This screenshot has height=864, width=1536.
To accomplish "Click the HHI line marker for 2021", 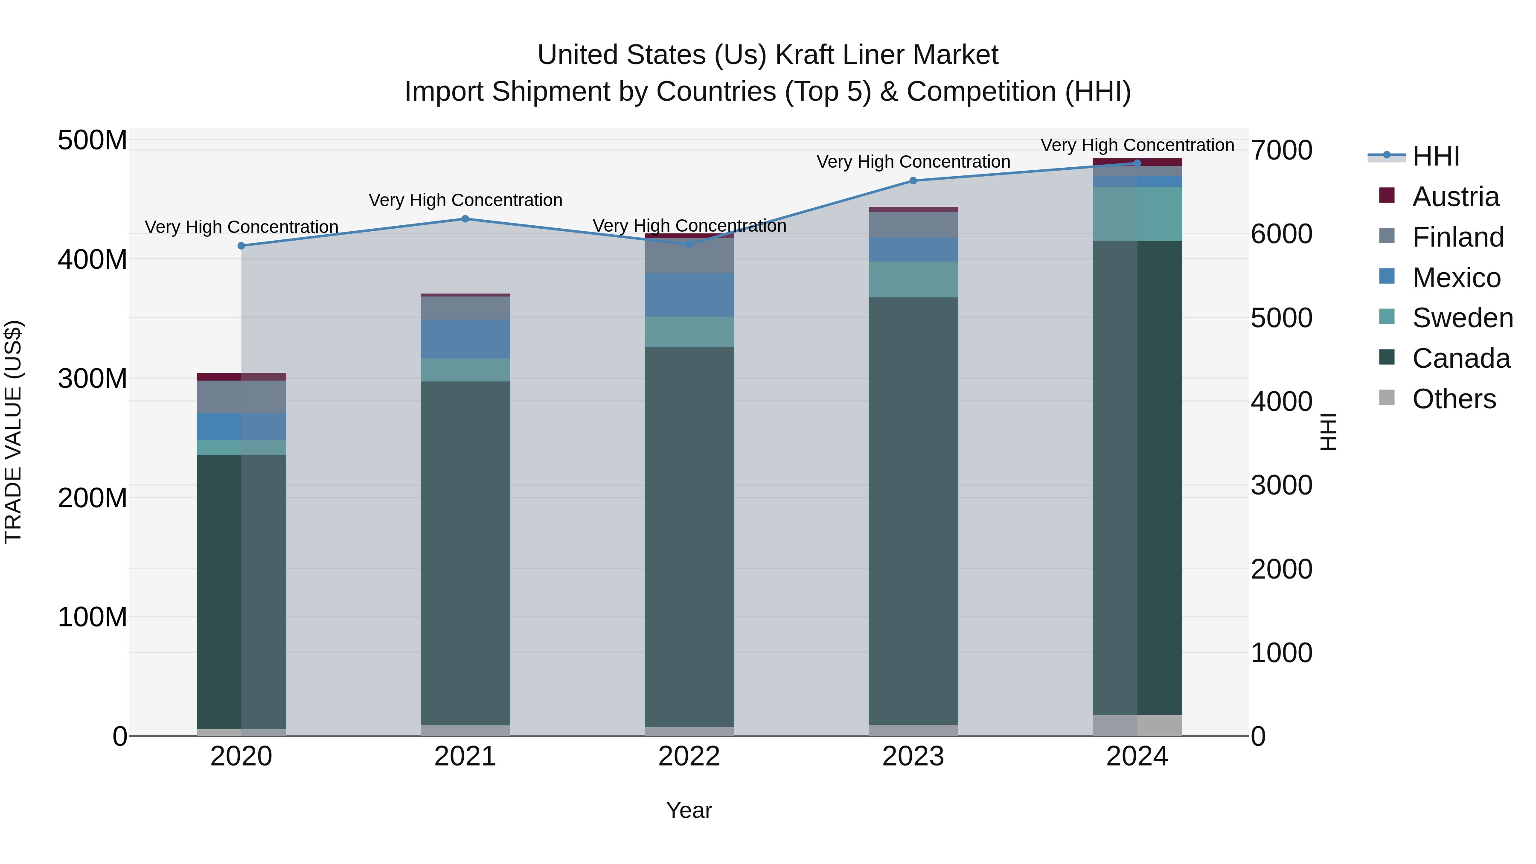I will click(465, 219).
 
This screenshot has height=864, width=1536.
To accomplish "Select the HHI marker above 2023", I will click(913, 180).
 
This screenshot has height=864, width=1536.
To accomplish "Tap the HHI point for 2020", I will click(241, 246).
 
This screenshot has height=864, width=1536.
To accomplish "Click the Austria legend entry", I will click(1455, 197).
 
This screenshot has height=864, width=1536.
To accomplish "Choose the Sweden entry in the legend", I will click(1462, 318).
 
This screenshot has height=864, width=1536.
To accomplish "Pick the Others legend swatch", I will click(1387, 398).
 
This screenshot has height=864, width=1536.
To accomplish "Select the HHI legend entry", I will click(1435, 156).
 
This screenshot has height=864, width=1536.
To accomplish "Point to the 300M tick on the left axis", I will click(93, 378).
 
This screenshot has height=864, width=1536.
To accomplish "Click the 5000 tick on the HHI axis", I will click(1281, 318).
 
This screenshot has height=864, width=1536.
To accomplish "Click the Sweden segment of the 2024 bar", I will click(1137, 214).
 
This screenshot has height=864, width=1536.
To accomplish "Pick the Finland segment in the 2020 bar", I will click(241, 396).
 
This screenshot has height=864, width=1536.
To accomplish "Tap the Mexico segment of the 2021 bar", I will click(465, 339).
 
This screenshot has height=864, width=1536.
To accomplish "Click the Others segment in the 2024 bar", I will click(1137, 725).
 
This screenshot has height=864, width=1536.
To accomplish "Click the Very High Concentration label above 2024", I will click(1137, 145).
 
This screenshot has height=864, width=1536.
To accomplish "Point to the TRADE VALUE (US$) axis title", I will click(13, 432).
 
